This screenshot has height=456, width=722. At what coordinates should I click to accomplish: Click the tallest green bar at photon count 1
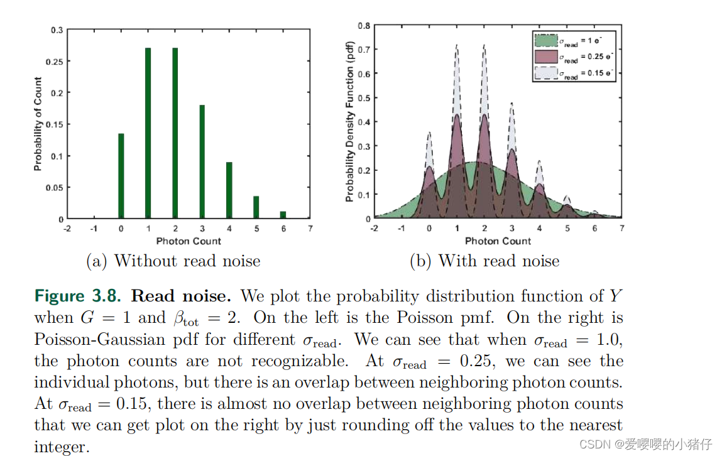coord(148,133)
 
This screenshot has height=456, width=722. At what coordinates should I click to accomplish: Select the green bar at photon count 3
coord(202,162)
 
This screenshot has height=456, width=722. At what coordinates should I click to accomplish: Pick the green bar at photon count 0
coord(121,176)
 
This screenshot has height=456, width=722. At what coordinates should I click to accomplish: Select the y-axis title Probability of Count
coord(38,124)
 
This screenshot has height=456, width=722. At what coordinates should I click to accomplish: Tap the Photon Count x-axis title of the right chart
coord(498,241)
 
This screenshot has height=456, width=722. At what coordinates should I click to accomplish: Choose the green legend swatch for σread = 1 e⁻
coord(545,41)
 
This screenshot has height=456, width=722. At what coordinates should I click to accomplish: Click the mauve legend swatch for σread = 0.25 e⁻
coord(545,57)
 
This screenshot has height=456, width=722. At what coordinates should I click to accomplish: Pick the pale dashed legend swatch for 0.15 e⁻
coord(545,73)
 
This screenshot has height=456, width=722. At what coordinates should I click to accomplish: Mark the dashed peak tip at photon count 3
coord(511,103)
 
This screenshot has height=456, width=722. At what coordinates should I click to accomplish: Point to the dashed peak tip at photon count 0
coord(429,133)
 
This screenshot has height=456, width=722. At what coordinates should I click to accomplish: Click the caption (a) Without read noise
coord(173,261)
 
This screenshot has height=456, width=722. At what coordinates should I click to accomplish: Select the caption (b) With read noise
coord(484,261)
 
